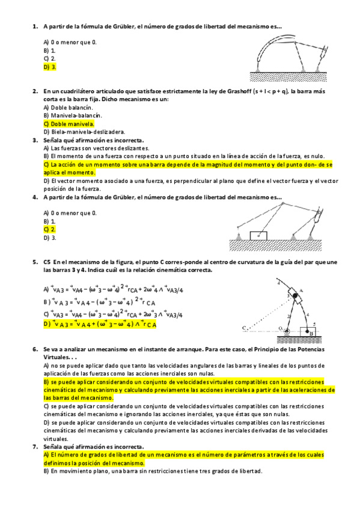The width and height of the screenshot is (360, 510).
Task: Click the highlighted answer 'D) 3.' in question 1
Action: (50, 67)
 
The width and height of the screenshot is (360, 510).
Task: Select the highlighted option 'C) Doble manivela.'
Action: (69, 123)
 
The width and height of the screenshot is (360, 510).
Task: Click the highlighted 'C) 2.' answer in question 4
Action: (50, 229)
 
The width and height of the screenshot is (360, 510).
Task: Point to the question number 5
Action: (34, 262)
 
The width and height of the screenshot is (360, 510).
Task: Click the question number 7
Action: (34, 447)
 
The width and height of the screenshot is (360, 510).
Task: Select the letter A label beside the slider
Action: (302, 290)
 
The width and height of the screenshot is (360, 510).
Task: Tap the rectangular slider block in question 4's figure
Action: (259, 235)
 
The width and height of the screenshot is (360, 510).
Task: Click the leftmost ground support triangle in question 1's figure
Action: (257, 73)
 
